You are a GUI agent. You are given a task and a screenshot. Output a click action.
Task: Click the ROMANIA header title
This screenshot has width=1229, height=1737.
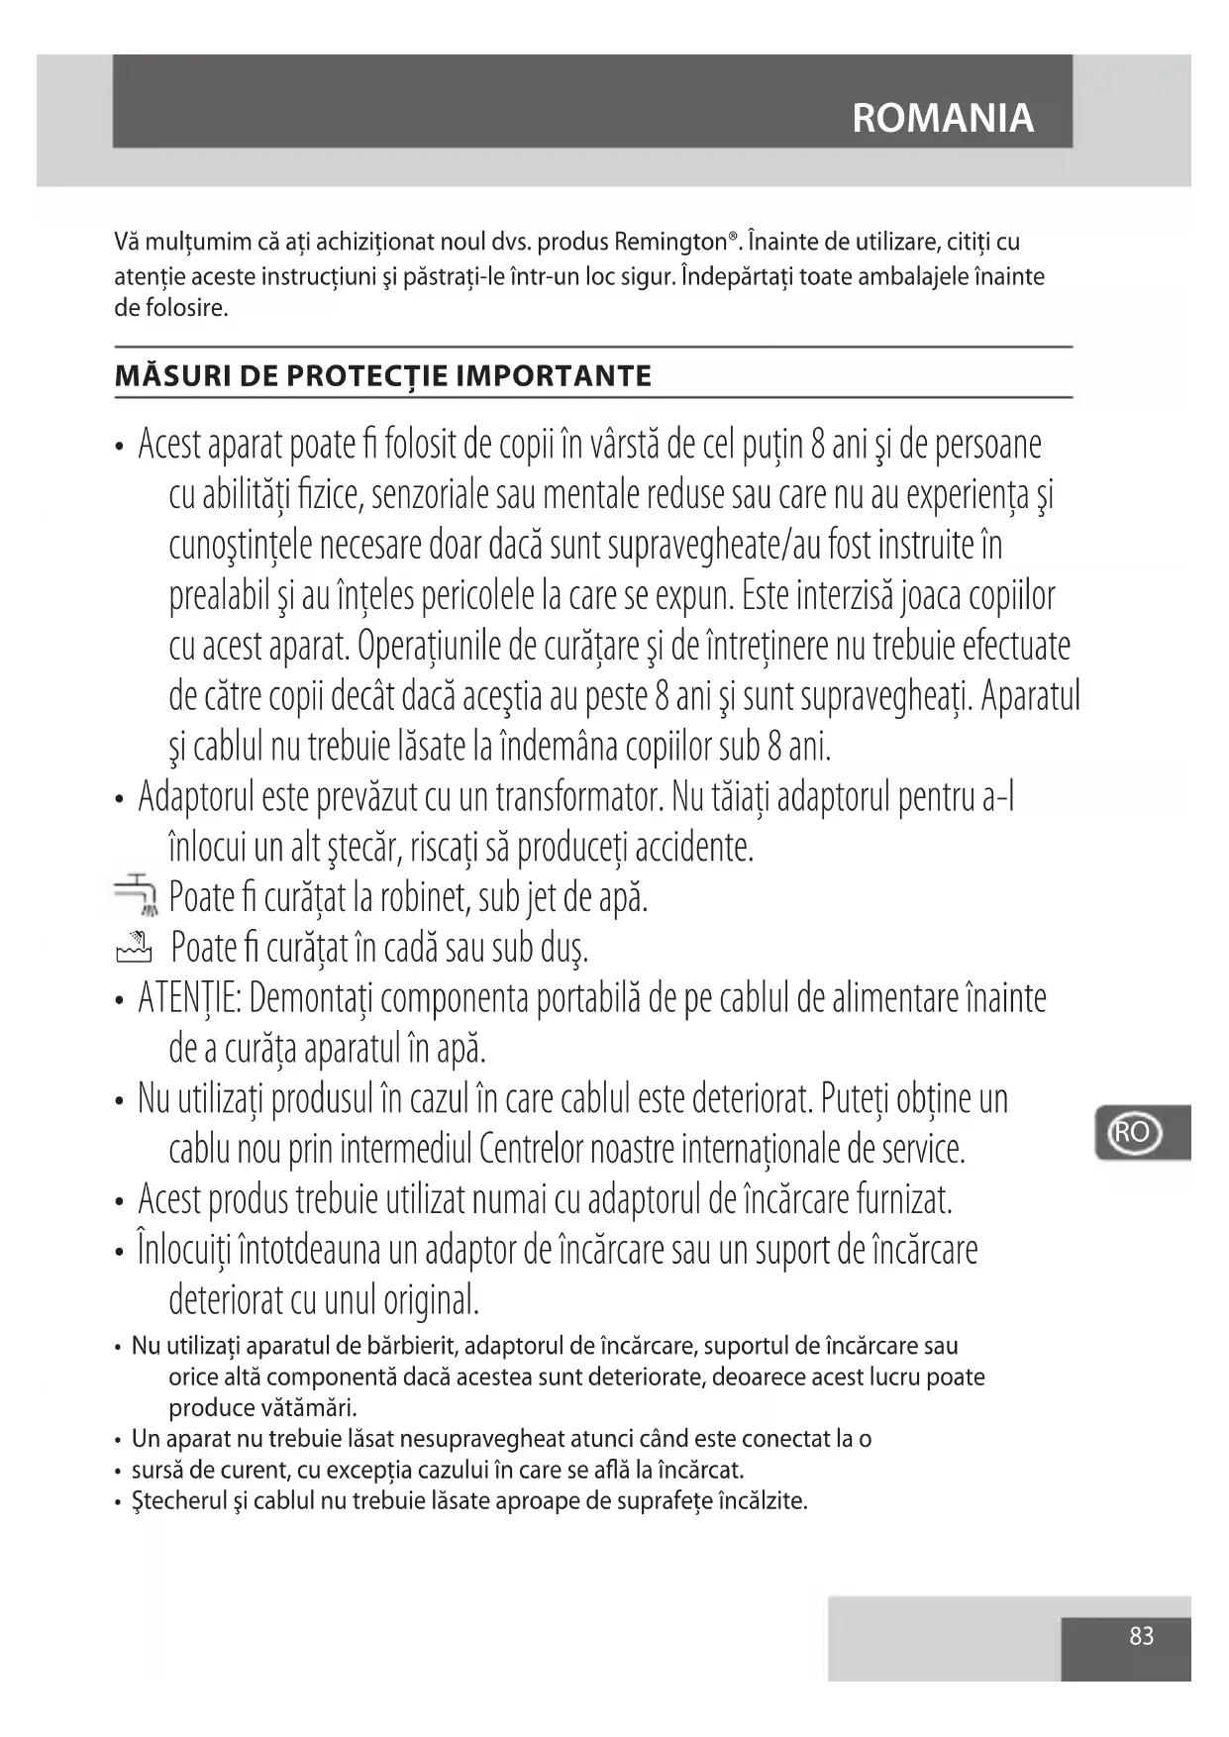click(942, 118)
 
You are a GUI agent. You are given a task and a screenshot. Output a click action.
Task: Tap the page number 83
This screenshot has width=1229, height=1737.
click(1141, 1636)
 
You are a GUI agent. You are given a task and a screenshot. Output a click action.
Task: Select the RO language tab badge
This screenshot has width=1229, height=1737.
click(1131, 1132)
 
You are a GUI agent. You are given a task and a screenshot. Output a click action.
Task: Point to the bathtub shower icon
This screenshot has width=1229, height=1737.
click(134, 948)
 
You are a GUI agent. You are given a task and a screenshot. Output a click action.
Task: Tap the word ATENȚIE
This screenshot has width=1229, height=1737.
click(189, 998)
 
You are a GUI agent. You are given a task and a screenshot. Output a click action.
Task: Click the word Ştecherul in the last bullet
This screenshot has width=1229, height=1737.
click(180, 1501)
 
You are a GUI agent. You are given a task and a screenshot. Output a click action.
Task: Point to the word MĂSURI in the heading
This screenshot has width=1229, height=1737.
click(155, 376)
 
